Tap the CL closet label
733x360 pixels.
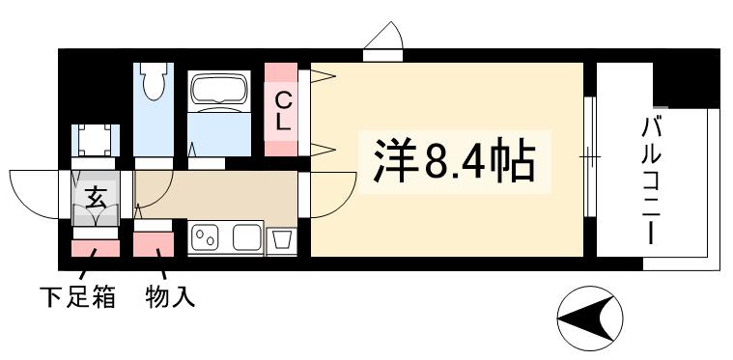[x=283, y=109]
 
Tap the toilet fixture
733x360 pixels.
[x=152, y=84]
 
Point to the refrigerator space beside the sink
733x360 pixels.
[x=282, y=239]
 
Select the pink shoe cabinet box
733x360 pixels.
[x=96, y=249]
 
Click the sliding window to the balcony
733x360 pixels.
[x=589, y=154]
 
